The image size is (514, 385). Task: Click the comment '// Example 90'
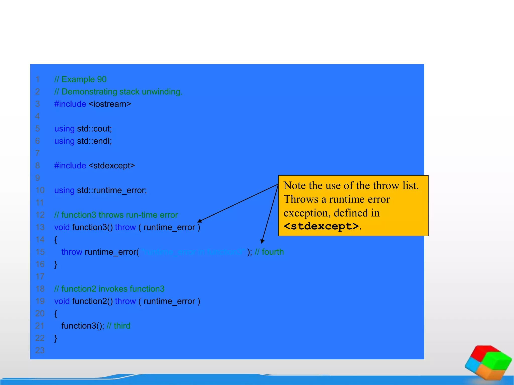(x=80, y=79)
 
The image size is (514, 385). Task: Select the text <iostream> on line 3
(x=110, y=104)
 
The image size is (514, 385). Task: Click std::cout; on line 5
(x=94, y=129)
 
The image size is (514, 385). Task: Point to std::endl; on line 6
(x=94, y=141)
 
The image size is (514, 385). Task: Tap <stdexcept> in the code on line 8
(x=112, y=166)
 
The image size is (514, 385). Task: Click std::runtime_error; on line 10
(x=112, y=190)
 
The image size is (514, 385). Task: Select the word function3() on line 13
(x=92, y=227)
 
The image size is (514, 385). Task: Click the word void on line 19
(x=62, y=301)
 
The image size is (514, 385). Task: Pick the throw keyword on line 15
(x=72, y=252)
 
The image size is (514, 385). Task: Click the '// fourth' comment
(x=269, y=252)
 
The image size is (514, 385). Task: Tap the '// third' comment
(x=118, y=326)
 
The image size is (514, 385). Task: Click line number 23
(x=40, y=350)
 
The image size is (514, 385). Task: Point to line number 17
(x=40, y=276)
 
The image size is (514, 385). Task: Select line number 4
(x=37, y=116)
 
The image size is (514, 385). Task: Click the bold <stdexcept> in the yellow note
(x=321, y=226)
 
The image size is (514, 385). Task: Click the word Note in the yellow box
(x=295, y=186)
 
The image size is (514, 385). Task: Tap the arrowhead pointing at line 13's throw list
(x=200, y=221)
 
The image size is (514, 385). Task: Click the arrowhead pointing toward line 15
(x=262, y=241)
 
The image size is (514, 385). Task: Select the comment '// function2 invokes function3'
(x=109, y=289)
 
